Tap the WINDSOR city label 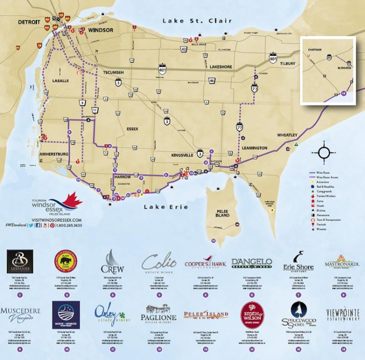coord(101,30)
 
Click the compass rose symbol coord(325,153)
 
